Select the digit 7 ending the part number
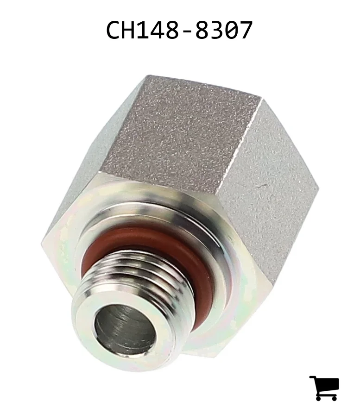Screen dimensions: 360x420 pyautogui.click(x=246, y=30)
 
